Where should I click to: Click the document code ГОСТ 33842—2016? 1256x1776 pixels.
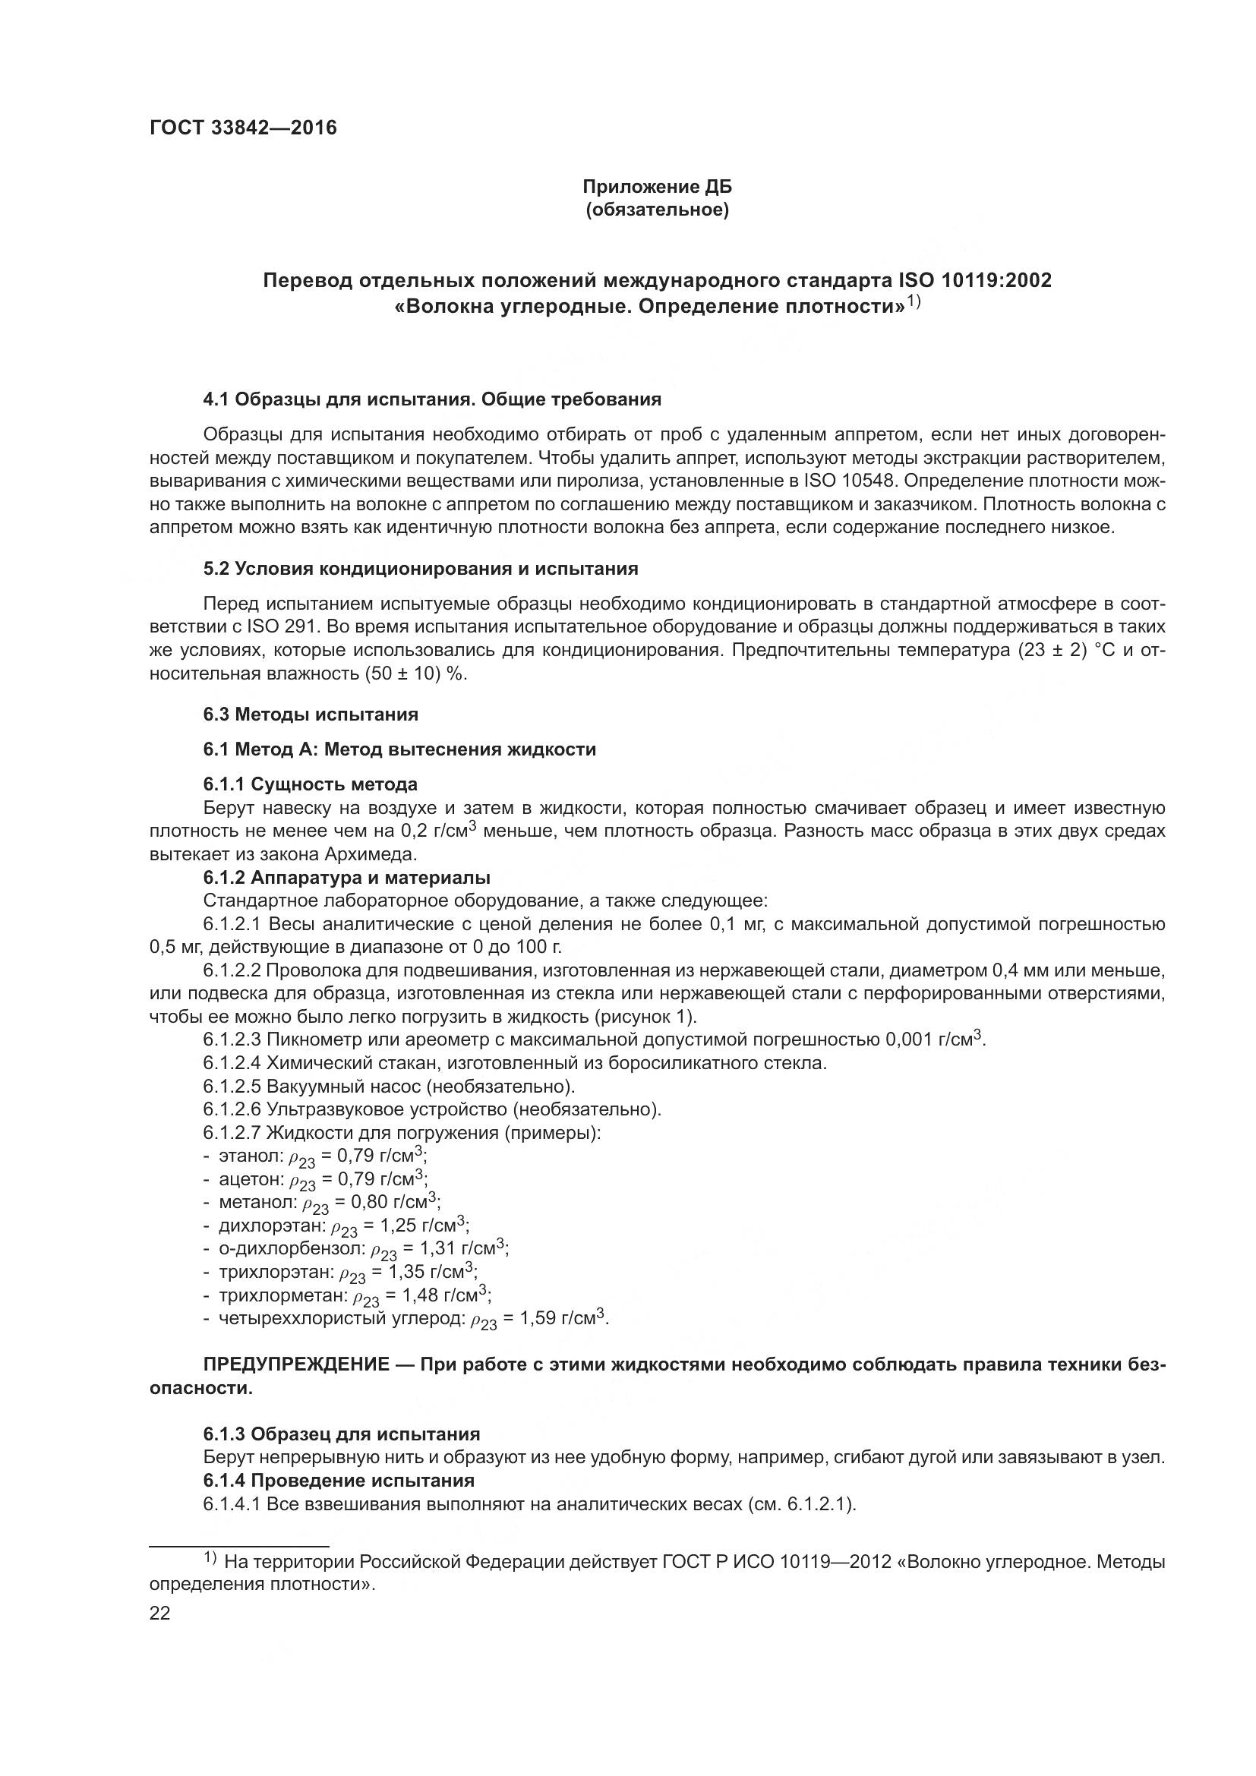click(243, 128)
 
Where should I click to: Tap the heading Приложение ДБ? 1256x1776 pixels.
click(657, 188)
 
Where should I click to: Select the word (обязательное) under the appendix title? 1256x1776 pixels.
click(657, 210)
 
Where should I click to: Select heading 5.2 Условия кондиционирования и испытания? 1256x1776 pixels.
click(421, 569)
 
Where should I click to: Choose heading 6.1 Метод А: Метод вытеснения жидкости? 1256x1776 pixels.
click(399, 749)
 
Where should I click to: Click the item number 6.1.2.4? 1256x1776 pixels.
click(232, 1063)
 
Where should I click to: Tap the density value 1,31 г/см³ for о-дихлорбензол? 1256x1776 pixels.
click(461, 1248)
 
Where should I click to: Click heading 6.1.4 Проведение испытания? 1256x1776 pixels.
click(339, 1481)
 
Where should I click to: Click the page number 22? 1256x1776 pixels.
click(159, 1614)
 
